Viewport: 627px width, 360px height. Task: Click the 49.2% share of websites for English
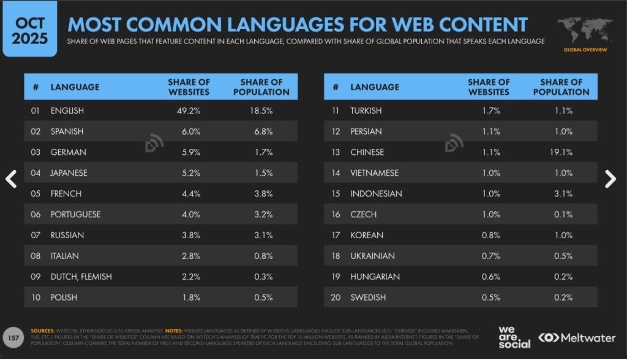click(189, 111)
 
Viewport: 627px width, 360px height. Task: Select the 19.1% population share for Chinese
click(561, 152)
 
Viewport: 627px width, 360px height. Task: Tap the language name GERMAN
click(68, 152)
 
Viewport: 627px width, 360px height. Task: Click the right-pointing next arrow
click(610, 179)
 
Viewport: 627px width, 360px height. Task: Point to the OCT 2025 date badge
click(30, 28)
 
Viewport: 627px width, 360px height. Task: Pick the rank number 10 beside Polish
click(36, 298)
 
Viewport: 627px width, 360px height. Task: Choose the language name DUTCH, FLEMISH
click(81, 277)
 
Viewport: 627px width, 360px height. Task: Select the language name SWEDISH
click(368, 298)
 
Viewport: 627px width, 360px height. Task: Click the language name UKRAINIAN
click(372, 256)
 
